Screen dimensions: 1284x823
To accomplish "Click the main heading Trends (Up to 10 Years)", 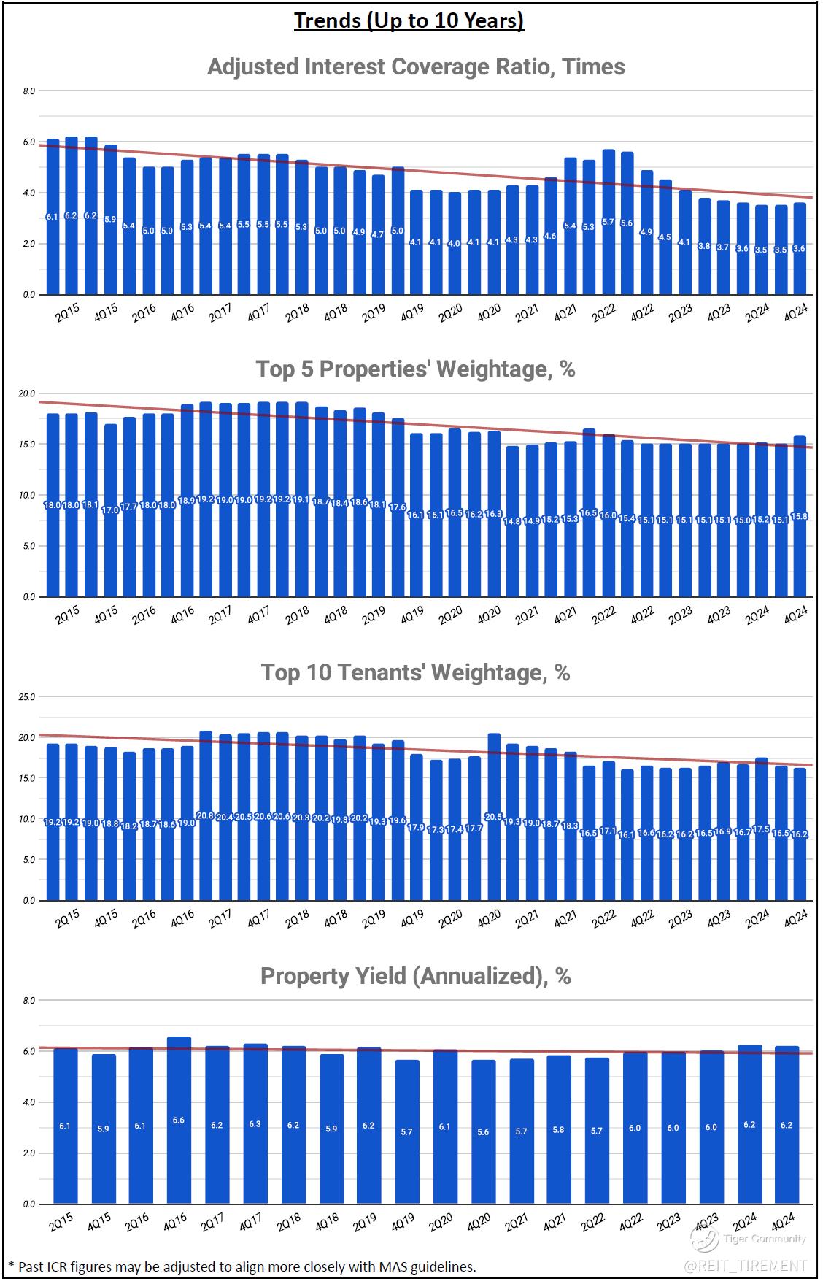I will coord(409,20).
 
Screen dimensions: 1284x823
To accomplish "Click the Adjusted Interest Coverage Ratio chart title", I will coord(416,66).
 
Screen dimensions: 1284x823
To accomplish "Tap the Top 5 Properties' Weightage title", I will coord(415,369).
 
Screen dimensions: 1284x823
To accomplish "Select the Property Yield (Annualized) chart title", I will coord(415,976).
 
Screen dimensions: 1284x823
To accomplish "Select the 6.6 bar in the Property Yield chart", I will coord(179,1120).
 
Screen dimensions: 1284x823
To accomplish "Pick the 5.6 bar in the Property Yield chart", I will coord(483,1131).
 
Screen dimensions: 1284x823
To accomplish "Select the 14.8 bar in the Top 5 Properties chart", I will coord(512,521).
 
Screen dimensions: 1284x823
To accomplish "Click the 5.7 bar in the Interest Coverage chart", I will coord(608,222).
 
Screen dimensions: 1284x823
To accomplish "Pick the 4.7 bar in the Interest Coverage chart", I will coord(378,234).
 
